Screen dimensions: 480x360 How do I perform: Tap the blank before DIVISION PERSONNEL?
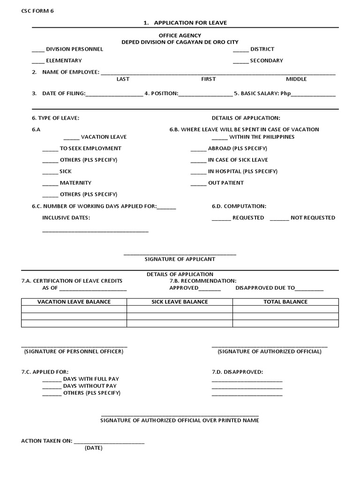click(x=38, y=50)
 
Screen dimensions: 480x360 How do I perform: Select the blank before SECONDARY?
click(x=240, y=61)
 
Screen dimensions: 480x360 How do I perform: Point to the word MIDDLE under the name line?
click(x=296, y=79)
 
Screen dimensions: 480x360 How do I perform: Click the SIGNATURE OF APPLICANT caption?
click(x=180, y=259)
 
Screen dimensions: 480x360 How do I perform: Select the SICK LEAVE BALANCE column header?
click(x=180, y=302)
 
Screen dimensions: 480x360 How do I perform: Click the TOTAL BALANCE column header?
click(x=285, y=302)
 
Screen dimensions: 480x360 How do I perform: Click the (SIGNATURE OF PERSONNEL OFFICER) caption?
click(x=74, y=352)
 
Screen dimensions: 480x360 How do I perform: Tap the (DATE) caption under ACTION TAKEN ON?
click(x=94, y=448)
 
